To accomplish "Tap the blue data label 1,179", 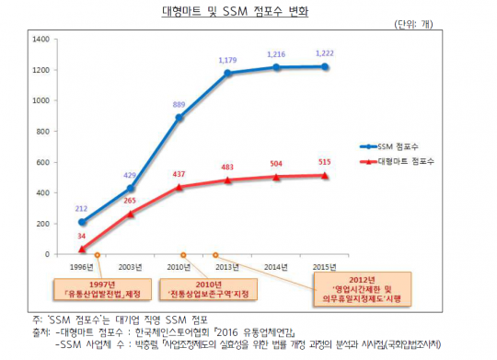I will pyautogui.click(x=226, y=60).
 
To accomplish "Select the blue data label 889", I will pyautogui.click(x=179, y=105).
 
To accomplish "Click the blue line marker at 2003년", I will pyautogui.click(x=131, y=188).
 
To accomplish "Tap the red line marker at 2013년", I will pyautogui.click(x=226, y=180).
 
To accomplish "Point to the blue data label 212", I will pyautogui.click(x=83, y=208).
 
